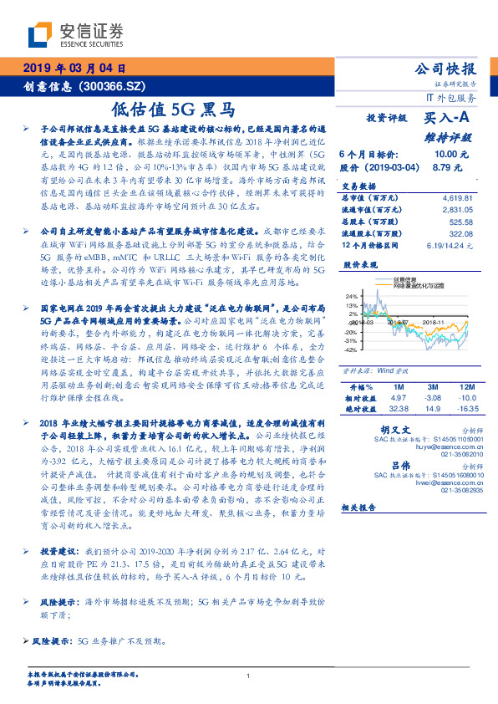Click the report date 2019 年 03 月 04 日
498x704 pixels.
click(74, 69)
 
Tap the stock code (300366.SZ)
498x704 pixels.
click(124, 87)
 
